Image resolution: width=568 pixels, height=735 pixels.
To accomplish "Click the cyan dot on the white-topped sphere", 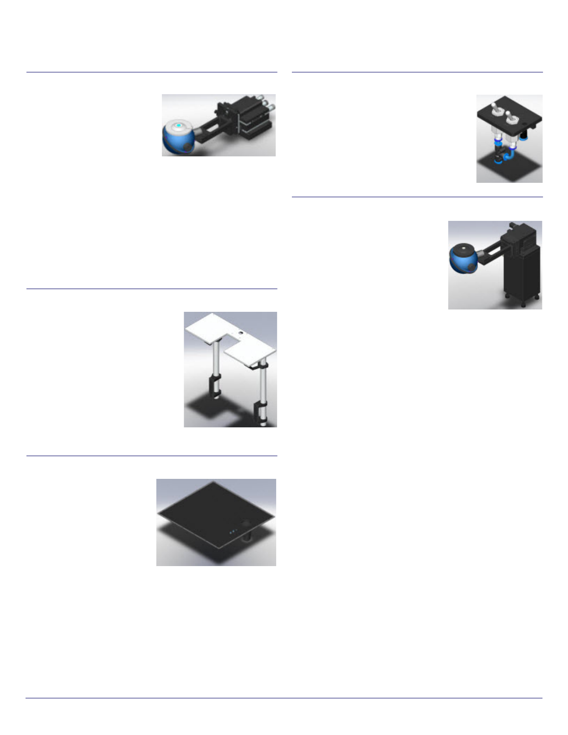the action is (x=178, y=125).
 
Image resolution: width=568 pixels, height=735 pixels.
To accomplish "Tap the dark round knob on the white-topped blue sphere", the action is (x=187, y=146).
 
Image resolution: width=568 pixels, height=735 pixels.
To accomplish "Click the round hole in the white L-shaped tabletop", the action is (x=240, y=333).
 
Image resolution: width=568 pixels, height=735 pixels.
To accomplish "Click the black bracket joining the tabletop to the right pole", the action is (x=260, y=366).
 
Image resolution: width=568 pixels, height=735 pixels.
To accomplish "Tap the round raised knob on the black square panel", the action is (x=246, y=523).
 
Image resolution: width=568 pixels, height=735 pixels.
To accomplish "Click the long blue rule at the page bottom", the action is (x=284, y=698).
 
